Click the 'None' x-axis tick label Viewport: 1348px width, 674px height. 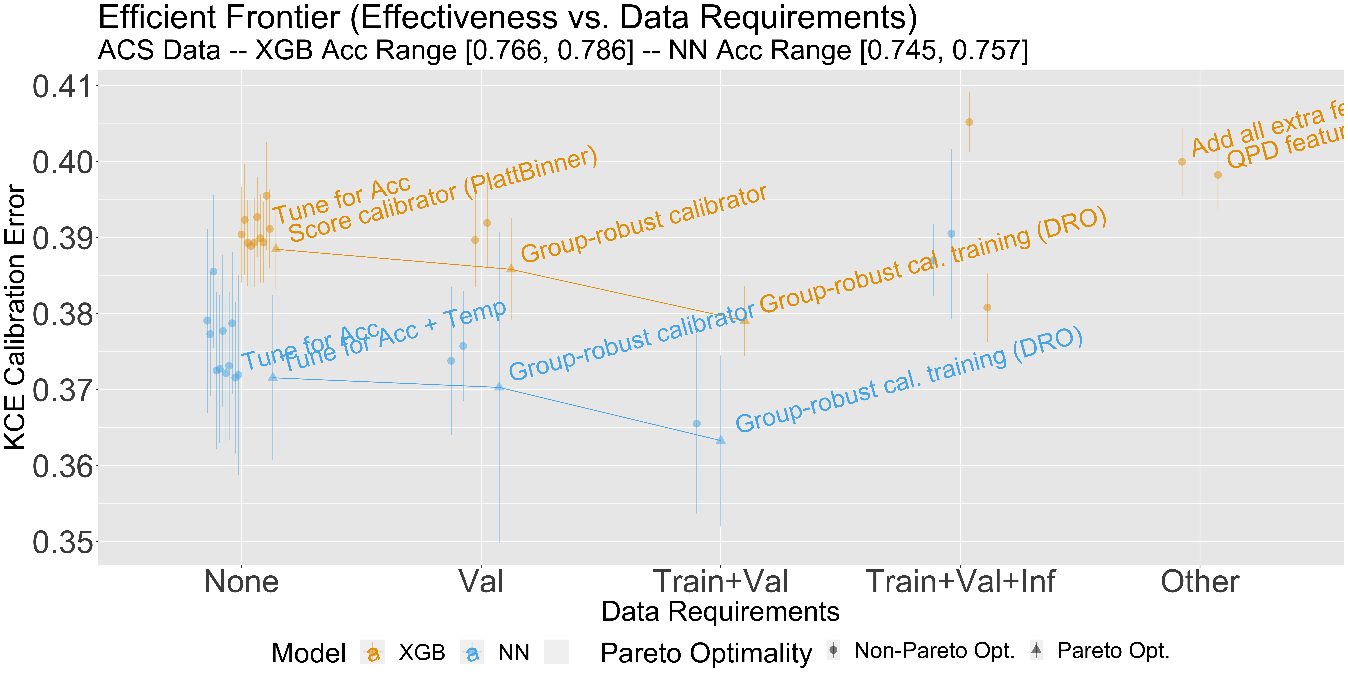(x=241, y=582)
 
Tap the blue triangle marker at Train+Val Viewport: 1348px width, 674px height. (x=721, y=440)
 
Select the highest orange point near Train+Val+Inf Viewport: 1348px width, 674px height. (x=969, y=122)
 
